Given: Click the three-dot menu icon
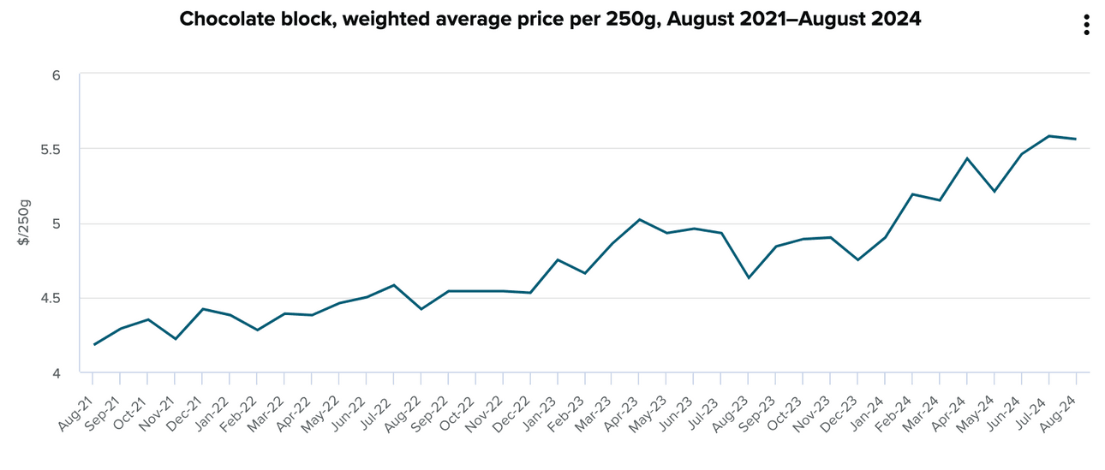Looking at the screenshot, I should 1086,25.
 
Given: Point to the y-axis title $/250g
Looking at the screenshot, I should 24,223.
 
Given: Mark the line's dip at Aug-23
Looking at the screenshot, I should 749,277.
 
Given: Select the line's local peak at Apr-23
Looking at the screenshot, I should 639,219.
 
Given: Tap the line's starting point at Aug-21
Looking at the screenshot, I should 93,345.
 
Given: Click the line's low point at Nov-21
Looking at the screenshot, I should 176,339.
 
